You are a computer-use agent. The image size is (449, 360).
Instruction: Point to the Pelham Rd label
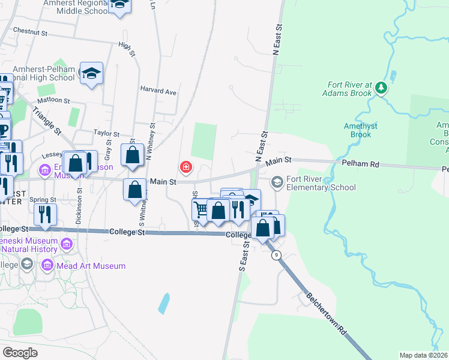coord(358,163)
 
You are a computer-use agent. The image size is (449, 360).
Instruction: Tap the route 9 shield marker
coord(276,256)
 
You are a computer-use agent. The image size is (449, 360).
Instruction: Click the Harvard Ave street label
coord(158,92)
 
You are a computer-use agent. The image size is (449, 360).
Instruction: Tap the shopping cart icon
coord(201,209)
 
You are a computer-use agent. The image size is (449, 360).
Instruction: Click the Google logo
coord(20,352)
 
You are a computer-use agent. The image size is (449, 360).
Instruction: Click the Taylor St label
coord(107,133)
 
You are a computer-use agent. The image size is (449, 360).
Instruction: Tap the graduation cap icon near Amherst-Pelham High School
coord(91,73)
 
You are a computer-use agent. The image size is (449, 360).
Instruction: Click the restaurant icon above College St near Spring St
coord(45,213)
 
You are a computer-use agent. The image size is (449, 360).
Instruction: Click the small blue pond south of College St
coord(164,304)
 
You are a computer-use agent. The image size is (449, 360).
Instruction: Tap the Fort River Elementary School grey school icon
coord(277,180)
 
